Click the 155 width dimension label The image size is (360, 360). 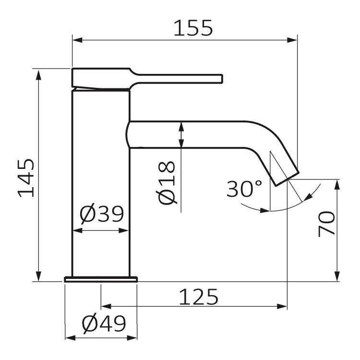coord(193,28)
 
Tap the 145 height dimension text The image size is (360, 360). coord(26,178)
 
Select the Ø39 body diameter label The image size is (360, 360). coord(102,214)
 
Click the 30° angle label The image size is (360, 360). coord(244,189)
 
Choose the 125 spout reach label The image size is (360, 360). coord(199,297)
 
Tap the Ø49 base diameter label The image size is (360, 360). coord(104,324)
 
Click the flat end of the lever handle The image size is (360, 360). coord(222,79)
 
